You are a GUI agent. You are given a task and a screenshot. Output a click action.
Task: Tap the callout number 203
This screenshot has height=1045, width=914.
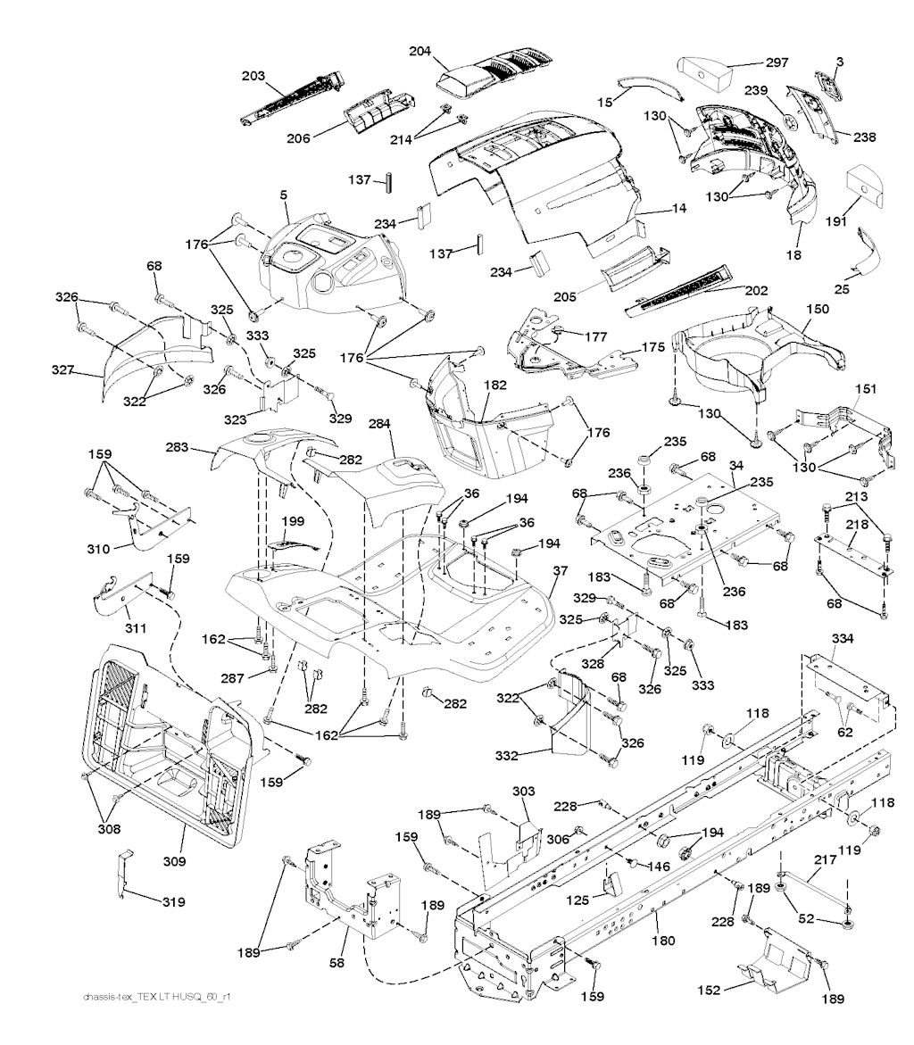point(253,77)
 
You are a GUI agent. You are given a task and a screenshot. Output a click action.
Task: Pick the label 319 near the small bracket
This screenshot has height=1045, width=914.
point(173,902)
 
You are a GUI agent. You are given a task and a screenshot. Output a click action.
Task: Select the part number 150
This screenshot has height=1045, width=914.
point(817,309)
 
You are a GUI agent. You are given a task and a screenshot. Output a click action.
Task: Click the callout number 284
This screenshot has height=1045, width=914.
point(380,426)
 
